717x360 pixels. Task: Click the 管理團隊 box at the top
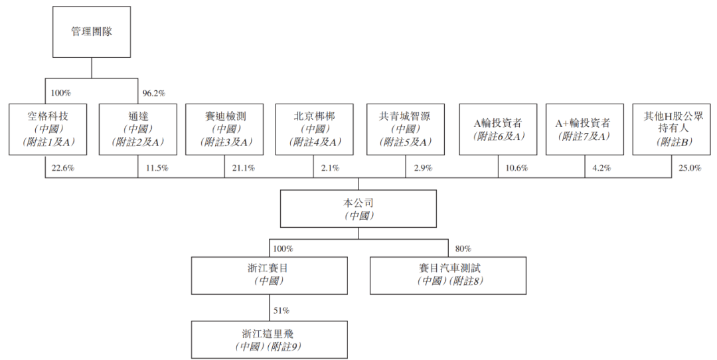tap(92, 32)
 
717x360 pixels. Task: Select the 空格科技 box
tap(48, 130)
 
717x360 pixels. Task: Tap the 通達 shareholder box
tap(138, 130)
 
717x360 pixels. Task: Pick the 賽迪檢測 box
tap(224, 130)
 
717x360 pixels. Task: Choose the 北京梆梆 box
tap(315, 130)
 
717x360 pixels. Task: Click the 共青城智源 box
tap(406, 130)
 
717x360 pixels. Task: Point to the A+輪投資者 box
tap(585, 130)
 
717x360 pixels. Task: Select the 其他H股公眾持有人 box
tap(672, 130)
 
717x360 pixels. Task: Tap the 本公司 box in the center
tap(358, 209)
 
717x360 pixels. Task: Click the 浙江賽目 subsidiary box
tap(270, 276)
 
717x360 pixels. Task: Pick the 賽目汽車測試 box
tap(448, 276)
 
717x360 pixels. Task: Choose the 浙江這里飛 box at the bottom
tap(270, 339)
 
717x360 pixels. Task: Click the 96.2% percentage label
tap(154, 93)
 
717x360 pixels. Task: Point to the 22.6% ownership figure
tap(62, 168)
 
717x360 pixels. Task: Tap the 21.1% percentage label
tap(243, 168)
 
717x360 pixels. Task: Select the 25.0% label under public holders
tap(690, 168)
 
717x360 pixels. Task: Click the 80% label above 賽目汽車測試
tap(463, 249)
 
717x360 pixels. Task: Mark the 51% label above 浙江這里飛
tap(281, 311)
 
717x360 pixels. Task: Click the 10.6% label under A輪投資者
tap(517, 168)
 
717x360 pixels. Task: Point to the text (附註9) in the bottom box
tap(285, 347)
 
